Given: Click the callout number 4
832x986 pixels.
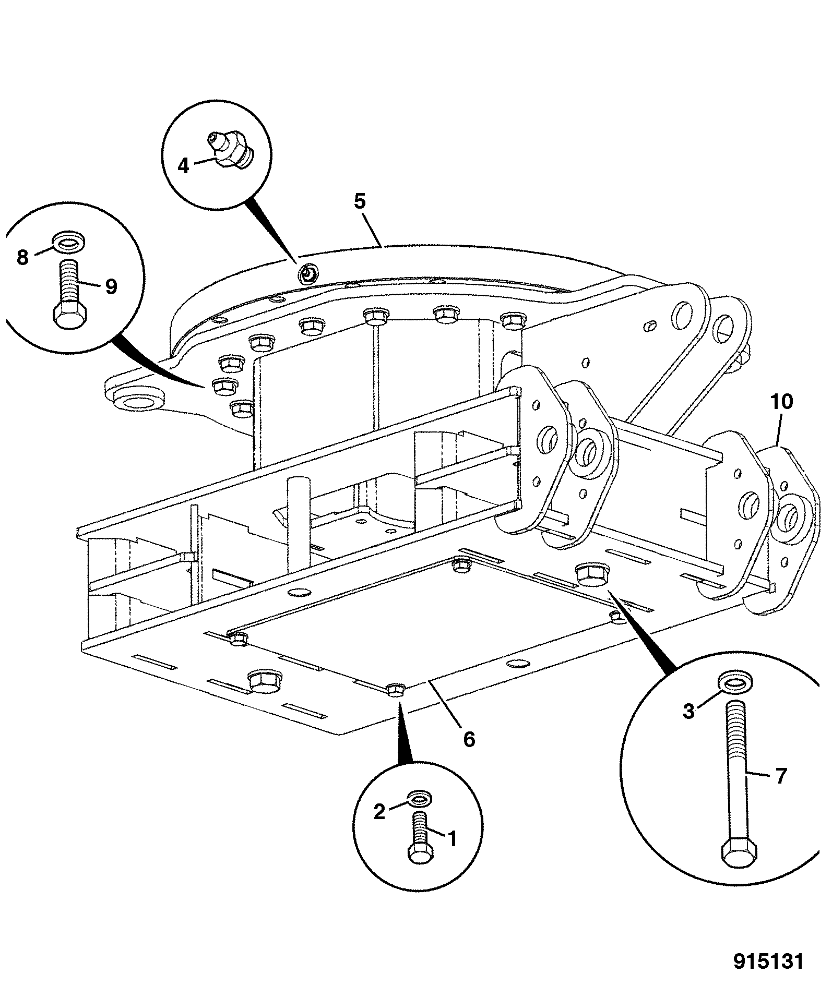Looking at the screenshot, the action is [x=183, y=165].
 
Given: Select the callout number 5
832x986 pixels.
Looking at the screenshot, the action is [x=360, y=201].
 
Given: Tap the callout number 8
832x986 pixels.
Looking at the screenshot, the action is [x=22, y=257].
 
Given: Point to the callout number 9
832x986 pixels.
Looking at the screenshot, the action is [x=111, y=286].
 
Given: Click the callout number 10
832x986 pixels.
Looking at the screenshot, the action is [x=781, y=402].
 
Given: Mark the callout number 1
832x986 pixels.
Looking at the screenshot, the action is [x=452, y=838].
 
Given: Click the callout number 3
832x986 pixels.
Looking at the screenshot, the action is [x=689, y=711].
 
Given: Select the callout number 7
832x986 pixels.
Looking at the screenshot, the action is [x=781, y=776].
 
